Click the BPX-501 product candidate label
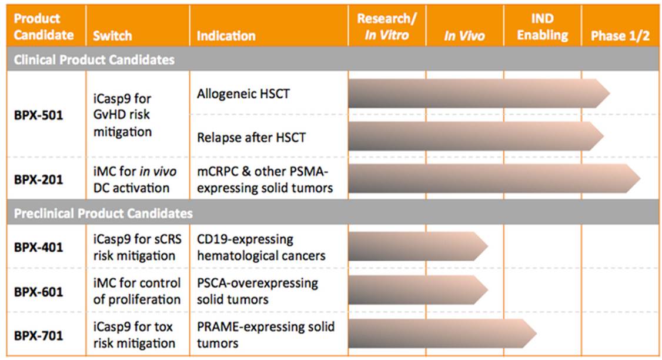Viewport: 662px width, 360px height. coord(38,115)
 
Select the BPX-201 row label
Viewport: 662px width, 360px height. coord(38,179)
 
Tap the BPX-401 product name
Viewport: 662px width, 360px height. coord(38,247)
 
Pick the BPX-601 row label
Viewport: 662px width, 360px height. coord(38,291)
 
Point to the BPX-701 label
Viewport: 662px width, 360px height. coord(38,336)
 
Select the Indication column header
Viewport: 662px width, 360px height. coord(226,36)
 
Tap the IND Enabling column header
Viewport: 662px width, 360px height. coord(542,27)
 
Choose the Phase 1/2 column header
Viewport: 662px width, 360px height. coord(620,36)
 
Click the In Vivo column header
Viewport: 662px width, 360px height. coord(464,36)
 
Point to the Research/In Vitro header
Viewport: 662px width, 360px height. coord(386,27)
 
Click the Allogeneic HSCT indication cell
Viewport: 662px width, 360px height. coord(243,94)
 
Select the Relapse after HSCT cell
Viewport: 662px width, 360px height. coord(251,138)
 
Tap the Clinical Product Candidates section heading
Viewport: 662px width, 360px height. coord(94,60)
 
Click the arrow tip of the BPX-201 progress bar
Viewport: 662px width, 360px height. coord(638,179)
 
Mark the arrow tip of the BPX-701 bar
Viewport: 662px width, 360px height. coord(535,333)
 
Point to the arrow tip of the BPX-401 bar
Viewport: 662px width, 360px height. coord(486,246)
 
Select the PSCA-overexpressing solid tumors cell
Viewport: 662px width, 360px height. coord(258,291)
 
